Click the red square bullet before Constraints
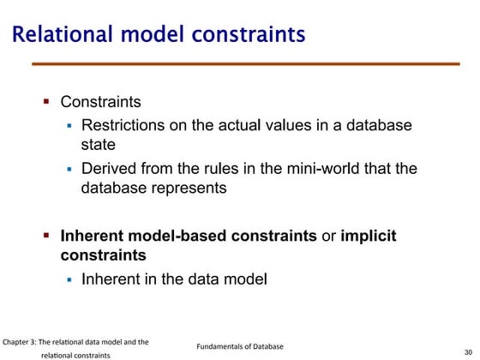point(48,101)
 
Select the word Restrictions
point(123,126)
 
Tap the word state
point(99,145)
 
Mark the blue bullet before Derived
point(70,169)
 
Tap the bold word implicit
point(369,236)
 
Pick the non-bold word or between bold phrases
point(328,236)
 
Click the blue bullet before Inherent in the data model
point(70,279)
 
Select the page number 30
point(468,351)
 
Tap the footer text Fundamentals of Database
point(240,346)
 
